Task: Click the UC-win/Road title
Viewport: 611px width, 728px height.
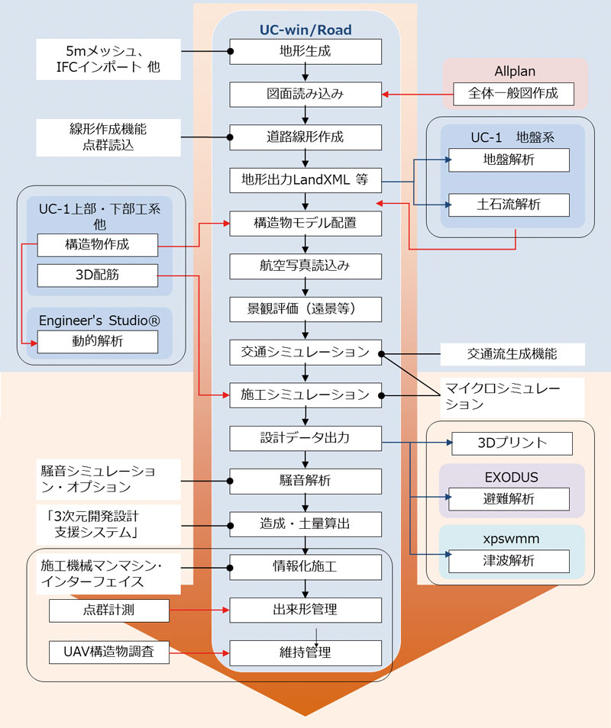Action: [305, 30]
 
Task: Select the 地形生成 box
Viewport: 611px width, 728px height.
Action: [305, 52]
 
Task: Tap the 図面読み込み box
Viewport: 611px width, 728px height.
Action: [305, 95]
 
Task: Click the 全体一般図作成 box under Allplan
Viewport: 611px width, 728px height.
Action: [513, 94]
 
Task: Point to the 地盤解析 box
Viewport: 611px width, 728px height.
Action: [509, 160]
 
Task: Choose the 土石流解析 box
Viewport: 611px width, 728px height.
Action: [509, 205]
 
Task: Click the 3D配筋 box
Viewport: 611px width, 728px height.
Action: [98, 275]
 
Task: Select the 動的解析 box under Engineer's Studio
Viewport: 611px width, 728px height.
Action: [98, 342]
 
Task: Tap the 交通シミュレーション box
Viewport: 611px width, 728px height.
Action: [305, 353]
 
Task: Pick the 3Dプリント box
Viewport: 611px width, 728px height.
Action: [512, 443]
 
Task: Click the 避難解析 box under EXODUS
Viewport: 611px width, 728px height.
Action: [509, 499]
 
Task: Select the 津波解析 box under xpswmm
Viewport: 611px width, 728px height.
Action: [509, 561]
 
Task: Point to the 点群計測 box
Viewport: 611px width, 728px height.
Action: [109, 610]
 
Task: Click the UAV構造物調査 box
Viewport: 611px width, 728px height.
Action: [109, 652]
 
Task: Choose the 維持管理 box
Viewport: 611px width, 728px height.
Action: [305, 653]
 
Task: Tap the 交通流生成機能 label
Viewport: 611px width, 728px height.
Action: [512, 354]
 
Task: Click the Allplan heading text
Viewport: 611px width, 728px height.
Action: [515, 71]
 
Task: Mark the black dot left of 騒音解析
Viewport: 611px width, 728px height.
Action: [230, 481]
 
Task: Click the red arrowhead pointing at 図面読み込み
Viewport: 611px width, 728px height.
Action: [385, 95]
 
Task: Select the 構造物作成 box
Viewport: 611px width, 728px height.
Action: [98, 245]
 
